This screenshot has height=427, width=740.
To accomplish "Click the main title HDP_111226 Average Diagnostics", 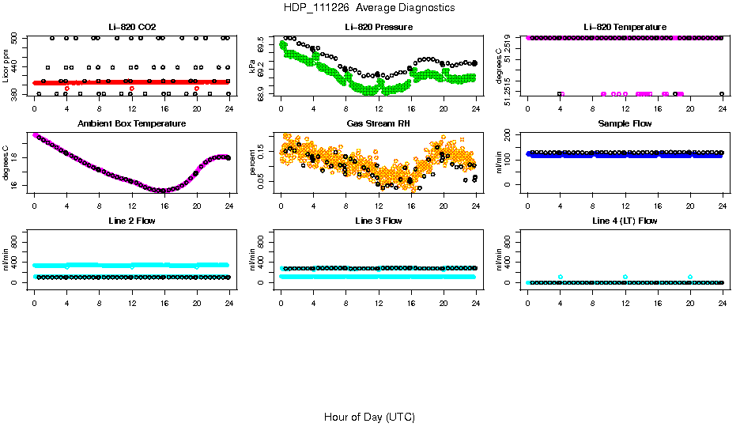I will click(x=369, y=7).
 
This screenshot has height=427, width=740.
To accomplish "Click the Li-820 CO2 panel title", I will click(x=131, y=27).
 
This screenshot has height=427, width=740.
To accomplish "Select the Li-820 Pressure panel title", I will click(x=379, y=27).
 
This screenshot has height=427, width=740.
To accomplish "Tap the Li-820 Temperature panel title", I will click(x=625, y=27).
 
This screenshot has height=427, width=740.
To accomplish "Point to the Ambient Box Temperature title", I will click(x=131, y=123).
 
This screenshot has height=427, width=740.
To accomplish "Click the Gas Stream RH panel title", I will click(x=379, y=123).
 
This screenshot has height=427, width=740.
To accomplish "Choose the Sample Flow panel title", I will click(x=625, y=123).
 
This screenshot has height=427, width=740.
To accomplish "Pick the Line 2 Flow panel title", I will click(x=131, y=221).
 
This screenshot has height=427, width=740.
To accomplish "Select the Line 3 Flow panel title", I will click(x=379, y=221).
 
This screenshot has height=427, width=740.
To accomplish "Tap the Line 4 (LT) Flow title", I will click(x=625, y=221).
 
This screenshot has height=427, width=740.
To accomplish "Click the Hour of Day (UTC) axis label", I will click(x=369, y=417).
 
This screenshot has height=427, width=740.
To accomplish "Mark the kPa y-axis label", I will click(x=252, y=66).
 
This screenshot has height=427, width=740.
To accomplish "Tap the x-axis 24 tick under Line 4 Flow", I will click(x=723, y=303).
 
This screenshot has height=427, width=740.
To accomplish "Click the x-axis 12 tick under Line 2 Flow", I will click(x=131, y=303).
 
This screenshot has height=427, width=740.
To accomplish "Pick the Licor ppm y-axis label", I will click(x=6, y=66).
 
